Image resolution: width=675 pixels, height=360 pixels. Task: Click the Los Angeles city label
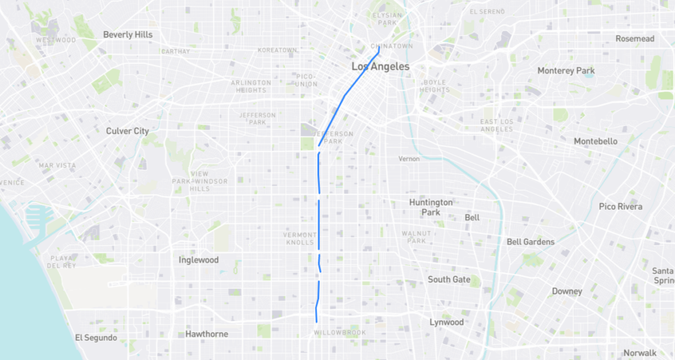380,67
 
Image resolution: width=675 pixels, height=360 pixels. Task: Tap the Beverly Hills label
128,34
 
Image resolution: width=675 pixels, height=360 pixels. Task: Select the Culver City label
127,131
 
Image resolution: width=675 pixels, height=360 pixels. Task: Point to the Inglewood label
198,260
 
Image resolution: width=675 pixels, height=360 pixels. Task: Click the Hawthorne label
206,334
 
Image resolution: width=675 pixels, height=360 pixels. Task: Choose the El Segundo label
96,338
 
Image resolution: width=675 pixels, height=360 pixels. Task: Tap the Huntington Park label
430,207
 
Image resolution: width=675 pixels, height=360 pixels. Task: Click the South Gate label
449,280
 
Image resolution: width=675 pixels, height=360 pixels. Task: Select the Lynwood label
447,322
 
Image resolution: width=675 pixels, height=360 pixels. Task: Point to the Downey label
567,291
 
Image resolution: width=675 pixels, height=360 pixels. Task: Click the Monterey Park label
566,71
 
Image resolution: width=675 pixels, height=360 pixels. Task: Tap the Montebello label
595,142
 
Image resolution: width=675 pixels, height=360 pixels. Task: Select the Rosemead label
635,39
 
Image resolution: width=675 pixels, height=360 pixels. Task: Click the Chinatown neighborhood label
392,46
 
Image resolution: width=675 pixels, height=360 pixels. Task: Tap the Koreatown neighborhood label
278,50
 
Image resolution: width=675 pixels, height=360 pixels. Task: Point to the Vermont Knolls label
300,238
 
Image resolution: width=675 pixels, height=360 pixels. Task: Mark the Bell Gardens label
531,242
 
